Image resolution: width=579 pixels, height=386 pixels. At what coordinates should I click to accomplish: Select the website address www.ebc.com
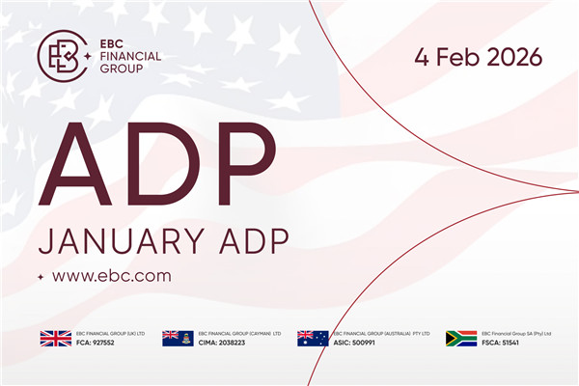point(111,275)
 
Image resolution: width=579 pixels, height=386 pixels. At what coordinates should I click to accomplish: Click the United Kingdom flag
point(55,338)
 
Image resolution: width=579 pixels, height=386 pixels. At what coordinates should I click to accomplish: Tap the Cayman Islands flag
point(178,338)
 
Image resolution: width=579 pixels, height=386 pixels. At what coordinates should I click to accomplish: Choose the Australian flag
point(313,338)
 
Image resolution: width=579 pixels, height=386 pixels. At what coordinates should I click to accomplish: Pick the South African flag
point(461,338)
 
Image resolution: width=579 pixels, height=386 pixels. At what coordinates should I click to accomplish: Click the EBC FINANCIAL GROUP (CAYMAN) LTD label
point(242,332)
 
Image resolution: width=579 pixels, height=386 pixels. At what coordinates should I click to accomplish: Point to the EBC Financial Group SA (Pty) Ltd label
point(519,332)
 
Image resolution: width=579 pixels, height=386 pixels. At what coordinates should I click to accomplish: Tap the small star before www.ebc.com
point(40,277)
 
